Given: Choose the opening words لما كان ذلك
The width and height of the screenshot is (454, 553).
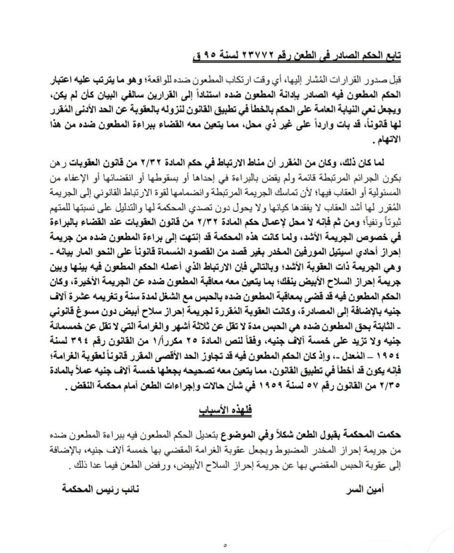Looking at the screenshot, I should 369,163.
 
